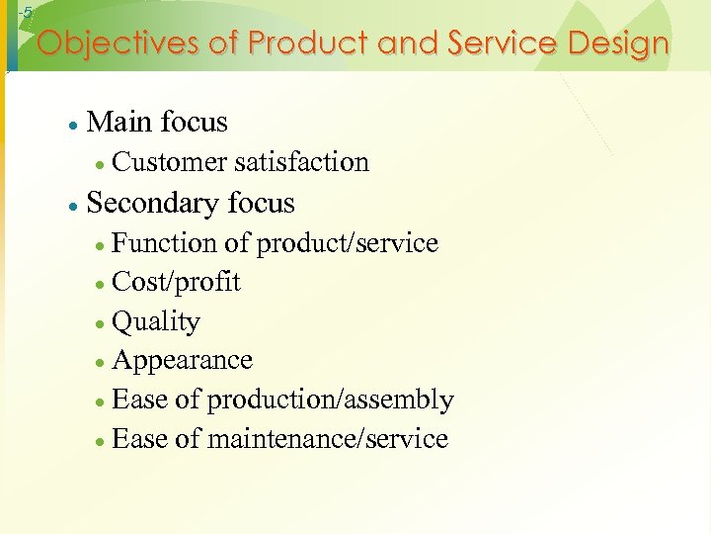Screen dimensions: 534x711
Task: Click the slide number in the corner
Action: [x=27, y=13]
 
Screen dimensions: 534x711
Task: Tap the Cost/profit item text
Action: [x=177, y=282]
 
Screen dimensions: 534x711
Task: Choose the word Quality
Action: [x=156, y=322]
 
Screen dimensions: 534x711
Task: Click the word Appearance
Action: [x=183, y=361]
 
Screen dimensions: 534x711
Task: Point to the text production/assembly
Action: [x=330, y=400]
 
